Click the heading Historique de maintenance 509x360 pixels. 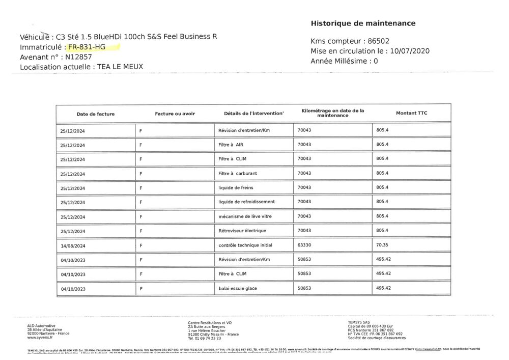coord(363,23)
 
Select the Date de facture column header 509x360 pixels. coord(96,114)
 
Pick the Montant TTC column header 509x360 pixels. coord(412,113)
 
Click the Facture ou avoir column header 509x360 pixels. coord(175,113)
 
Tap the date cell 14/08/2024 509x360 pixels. coord(72,246)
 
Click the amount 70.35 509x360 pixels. coord(382,245)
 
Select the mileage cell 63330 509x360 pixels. coord(304,245)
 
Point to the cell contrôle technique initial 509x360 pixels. coord(245,245)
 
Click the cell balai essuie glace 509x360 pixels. coord(237,289)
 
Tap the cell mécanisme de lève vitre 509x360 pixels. coord(245,216)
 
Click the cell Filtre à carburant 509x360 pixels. coord(237,173)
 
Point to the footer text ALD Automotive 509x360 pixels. coord(41,326)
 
